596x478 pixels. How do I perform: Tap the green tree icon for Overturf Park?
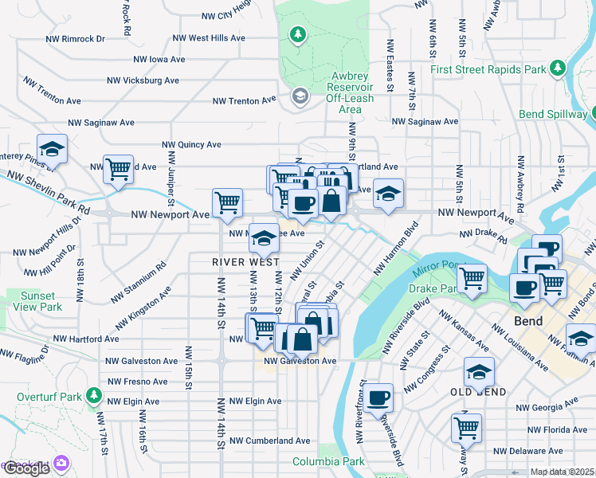coord(94,395)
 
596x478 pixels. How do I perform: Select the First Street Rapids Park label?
coord(488,69)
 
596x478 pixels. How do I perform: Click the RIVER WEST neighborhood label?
coord(245,262)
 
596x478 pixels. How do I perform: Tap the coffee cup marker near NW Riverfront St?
coord(379,396)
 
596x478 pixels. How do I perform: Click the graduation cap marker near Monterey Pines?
coord(52,149)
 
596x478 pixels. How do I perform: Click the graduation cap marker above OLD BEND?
coord(479,371)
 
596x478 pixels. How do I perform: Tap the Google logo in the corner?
coord(26,468)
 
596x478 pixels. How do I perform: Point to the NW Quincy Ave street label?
coord(191,145)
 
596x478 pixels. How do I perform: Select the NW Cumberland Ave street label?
coord(269,441)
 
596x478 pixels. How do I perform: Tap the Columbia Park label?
coord(328,461)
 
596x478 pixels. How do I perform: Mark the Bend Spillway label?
coord(552,114)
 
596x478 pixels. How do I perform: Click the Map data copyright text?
coord(563,472)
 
